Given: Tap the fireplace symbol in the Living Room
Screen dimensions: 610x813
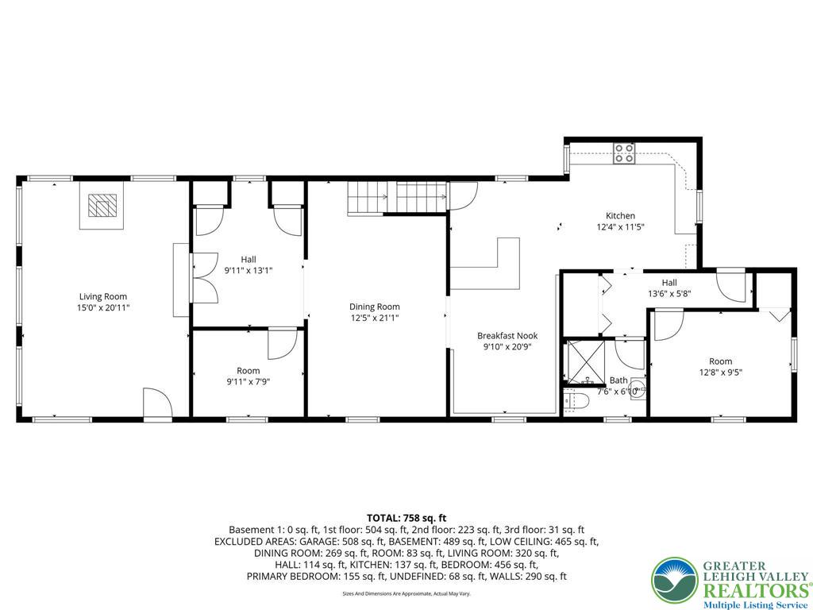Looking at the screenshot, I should click(x=101, y=207).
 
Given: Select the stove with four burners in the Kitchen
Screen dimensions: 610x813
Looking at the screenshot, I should click(x=624, y=152).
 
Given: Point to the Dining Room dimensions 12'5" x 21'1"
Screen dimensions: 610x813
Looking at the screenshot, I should click(x=374, y=318).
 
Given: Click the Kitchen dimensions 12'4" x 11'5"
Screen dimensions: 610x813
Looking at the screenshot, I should click(x=620, y=226).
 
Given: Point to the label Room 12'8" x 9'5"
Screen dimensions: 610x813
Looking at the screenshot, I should click(x=720, y=366).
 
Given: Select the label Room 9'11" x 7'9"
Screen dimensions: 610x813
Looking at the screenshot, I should click(x=248, y=376).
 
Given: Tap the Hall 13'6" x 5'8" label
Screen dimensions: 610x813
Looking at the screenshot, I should click(x=669, y=288).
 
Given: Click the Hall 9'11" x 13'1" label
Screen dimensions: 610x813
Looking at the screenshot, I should click(x=248, y=264).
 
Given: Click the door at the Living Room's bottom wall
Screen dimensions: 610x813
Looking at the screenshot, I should click(x=157, y=403).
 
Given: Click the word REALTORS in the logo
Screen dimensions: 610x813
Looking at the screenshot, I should click(x=753, y=590).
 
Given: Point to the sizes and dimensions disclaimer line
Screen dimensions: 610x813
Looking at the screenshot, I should click(x=406, y=593).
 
